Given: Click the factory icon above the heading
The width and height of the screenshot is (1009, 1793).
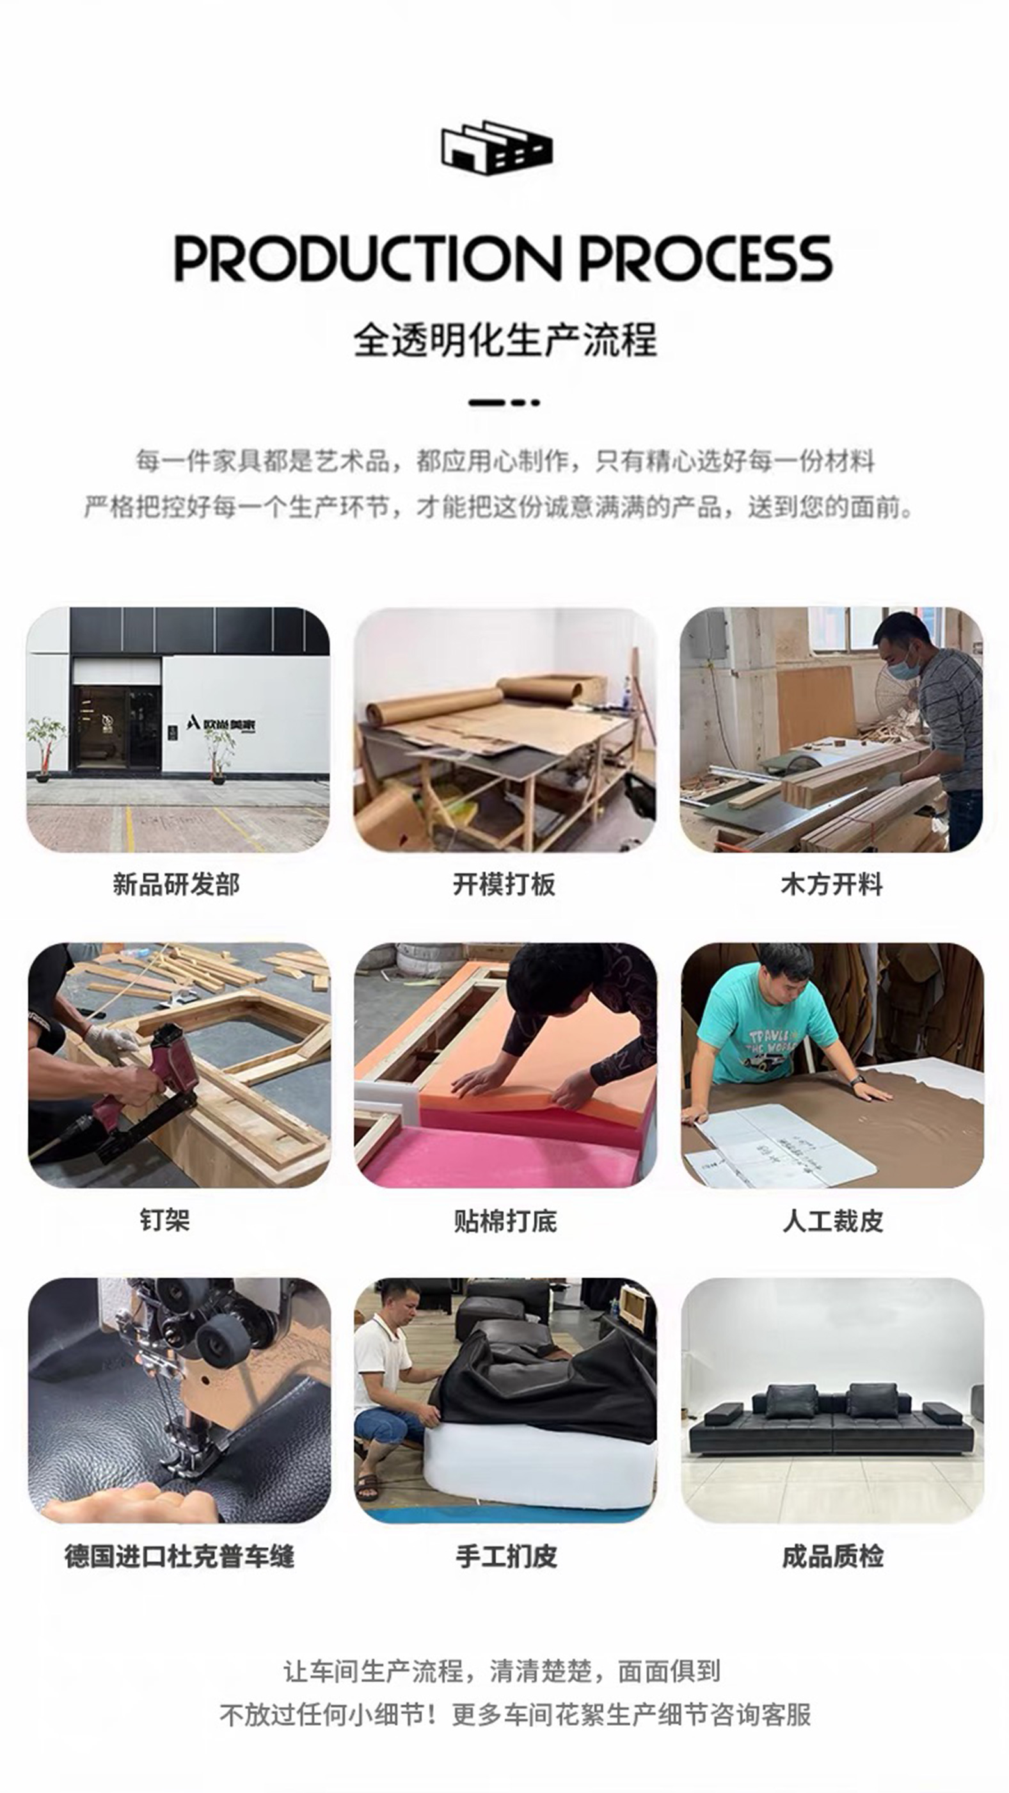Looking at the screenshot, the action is click(497, 148).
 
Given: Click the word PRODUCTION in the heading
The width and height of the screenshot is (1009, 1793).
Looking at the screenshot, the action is click(367, 258).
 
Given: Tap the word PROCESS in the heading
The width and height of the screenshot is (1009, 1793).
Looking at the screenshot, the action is click(706, 258).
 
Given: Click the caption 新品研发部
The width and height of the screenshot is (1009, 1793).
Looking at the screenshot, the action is click(177, 885).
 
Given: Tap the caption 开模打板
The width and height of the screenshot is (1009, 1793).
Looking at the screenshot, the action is click(504, 885).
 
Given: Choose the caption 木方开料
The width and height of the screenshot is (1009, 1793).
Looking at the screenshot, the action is click(832, 885).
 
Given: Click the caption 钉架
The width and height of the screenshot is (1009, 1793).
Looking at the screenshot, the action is click(165, 1220).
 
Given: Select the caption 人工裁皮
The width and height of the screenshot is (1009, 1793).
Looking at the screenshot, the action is click(833, 1221).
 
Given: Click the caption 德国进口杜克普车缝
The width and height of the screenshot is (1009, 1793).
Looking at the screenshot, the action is click(180, 1556).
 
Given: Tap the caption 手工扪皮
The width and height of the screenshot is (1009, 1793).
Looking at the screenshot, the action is click(507, 1556).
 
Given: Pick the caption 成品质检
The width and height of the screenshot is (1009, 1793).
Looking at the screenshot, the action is click(833, 1556).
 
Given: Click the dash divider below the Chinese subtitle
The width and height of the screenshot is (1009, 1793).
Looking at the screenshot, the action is click(504, 402).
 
